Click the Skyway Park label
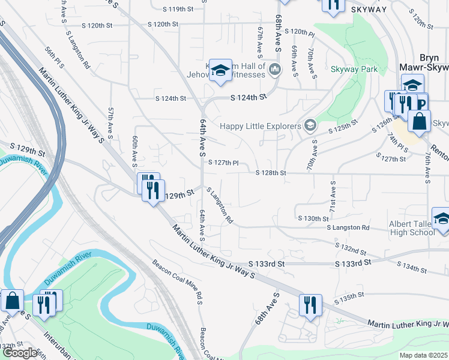point(354,70)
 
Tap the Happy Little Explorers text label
point(260,126)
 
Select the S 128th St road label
point(270,173)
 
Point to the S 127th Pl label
point(223,163)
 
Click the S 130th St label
point(311,218)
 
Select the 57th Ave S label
point(111,121)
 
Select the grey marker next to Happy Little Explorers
point(310,125)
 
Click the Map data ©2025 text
point(423,355)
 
